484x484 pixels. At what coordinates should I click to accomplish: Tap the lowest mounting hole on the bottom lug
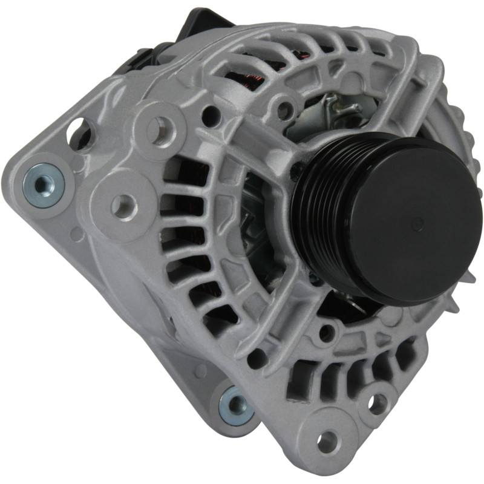coord(329,440)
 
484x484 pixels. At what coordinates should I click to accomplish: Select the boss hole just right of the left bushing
coord(123,206)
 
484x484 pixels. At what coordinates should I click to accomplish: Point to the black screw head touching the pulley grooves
coord(297,172)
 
